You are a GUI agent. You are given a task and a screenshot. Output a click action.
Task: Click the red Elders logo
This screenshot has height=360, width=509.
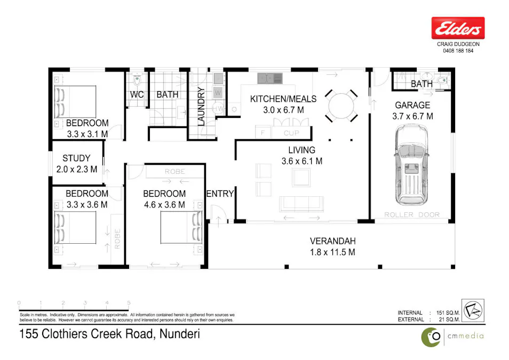click(x=458, y=28)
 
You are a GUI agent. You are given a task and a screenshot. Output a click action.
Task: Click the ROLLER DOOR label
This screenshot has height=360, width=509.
click(x=412, y=214)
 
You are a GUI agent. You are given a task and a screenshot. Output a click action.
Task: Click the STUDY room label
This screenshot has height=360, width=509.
click(x=76, y=158)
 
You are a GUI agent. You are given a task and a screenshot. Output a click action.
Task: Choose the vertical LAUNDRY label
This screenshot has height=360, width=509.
click(x=201, y=106)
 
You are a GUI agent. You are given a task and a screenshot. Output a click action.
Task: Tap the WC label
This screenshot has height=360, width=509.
click(x=138, y=95)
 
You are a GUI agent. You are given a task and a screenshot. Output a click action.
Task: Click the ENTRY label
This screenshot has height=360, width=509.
click(x=220, y=194)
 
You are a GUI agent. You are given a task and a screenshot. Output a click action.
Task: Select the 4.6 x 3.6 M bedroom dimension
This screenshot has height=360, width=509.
click(x=164, y=204)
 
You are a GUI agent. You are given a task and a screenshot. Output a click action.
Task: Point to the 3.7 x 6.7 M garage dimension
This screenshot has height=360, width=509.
click(x=413, y=116)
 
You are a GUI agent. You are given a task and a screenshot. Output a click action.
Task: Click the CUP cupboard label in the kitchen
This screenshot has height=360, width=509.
click(x=291, y=133)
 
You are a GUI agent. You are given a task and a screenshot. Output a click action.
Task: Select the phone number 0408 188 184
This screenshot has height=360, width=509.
click(x=458, y=51)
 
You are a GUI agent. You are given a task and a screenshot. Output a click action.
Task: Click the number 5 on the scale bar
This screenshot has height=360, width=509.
click(x=129, y=303)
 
